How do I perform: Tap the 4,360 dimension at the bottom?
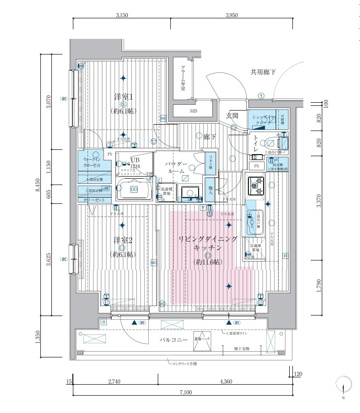(226, 382)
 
